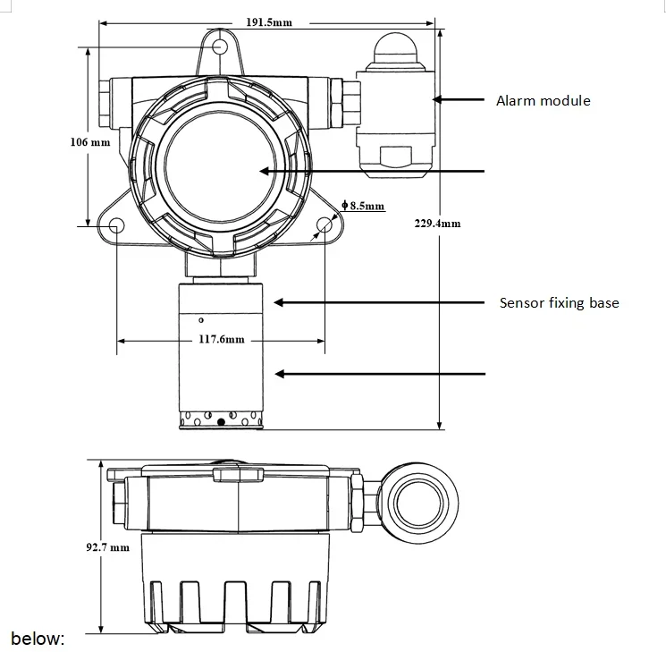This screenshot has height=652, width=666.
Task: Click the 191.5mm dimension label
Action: [268, 21]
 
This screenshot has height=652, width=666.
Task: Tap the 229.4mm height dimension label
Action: [439, 223]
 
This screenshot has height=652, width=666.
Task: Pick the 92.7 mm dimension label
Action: [108, 546]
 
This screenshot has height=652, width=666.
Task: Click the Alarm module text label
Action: [543, 101]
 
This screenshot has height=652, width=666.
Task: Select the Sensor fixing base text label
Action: [558, 303]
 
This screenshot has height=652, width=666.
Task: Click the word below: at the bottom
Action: [38, 639]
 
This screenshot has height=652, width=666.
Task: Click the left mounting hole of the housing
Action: [117, 227]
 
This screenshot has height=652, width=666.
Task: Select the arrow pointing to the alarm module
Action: [460, 99]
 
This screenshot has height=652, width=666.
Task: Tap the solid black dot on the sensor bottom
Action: [221, 422]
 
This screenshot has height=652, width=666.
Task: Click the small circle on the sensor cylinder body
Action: [202, 318]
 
